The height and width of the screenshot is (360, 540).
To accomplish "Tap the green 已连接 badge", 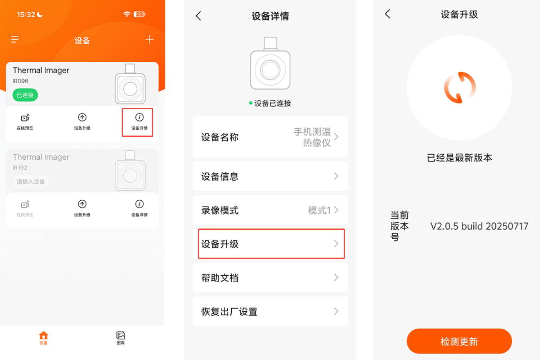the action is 25,95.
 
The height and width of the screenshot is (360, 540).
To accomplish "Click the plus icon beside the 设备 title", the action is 150,39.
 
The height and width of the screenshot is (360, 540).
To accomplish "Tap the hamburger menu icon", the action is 15,39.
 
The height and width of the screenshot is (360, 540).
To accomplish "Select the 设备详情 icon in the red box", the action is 139,118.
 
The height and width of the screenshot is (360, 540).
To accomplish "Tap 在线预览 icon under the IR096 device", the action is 25,118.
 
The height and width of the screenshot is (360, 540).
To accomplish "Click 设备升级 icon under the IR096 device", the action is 82,118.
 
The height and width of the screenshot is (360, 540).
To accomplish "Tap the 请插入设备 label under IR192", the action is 31,182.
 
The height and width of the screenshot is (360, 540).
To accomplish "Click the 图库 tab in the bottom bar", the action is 120,338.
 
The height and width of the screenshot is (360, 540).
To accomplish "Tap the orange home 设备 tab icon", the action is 43,335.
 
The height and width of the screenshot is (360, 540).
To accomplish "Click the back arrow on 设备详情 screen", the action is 198,16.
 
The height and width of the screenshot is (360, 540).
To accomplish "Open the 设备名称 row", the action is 270,137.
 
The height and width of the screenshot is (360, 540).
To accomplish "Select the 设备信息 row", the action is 270,176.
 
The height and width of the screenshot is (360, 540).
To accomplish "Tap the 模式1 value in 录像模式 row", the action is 319,210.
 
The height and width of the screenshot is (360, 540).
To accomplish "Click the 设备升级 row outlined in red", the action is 271,244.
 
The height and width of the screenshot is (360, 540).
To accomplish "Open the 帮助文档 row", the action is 270,278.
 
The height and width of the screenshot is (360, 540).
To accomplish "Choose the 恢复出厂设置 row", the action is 270,311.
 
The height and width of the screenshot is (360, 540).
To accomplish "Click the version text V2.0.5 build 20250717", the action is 479,226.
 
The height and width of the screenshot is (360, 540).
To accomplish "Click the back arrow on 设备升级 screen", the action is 388,14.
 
